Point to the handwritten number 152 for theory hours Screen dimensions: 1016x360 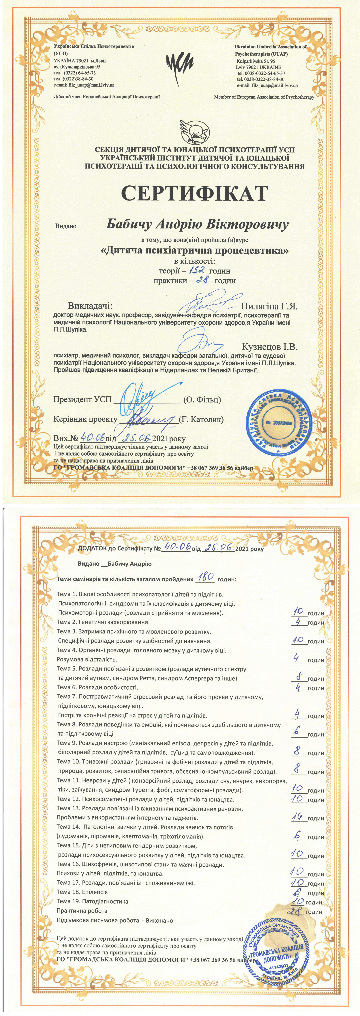(196, 271)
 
